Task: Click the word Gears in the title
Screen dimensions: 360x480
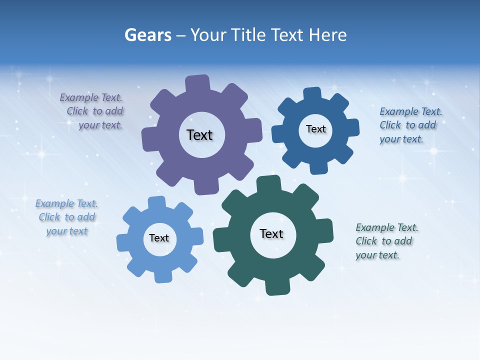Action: pyautogui.click(x=147, y=35)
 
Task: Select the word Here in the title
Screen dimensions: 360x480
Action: pyautogui.click(x=327, y=35)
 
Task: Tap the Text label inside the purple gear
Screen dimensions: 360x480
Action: pyautogui.click(x=199, y=135)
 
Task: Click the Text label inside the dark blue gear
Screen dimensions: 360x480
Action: pyautogui.click(x=315, y=129)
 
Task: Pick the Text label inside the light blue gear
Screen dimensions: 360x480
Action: pyautogui.click(x=159, y=238)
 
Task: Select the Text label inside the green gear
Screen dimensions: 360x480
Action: pyautogui.click(x=271, y=233)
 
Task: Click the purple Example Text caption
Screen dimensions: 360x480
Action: pyautogui.click(x=92, y=111)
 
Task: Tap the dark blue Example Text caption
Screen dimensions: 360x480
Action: pyautogui.click(x=410, y=125)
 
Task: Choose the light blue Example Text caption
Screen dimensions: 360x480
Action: pyautogui.click(x=66, y=217)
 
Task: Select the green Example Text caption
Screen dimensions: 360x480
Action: pyautogui.click(x=386, y=241)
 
